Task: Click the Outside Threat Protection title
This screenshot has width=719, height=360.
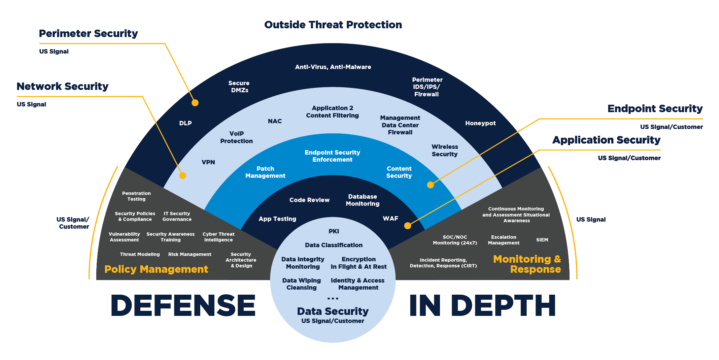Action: click(x=333, y=25)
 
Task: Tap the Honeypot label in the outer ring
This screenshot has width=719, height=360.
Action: click(x=480, y=123)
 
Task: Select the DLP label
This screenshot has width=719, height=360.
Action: click(x=185, y=123)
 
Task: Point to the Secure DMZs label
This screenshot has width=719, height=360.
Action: click(x=239, y=87)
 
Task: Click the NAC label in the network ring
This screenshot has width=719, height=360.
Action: click(x=275, y=121)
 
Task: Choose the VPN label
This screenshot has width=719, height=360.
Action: click(x=208, y=162)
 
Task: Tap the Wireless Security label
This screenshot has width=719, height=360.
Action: click(x=445, y=151)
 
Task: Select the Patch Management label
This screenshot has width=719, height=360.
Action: click(x=265, y=172)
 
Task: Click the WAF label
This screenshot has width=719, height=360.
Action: click(x=390, y=219)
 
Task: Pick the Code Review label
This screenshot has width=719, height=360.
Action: click(x=309, y=200)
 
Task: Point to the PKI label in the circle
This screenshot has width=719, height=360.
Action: click(x=334, y=231)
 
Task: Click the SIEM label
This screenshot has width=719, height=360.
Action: click(x=542, y=240)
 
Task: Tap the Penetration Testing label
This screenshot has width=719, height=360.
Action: click(x=136, y=196)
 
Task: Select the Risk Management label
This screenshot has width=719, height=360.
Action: click(x=190, y=254)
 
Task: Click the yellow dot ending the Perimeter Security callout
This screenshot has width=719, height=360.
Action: click(x=195, y=103)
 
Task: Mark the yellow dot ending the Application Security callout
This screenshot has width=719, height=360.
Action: click(x=408, y=226)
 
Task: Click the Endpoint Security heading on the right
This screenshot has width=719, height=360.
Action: click(x=655, y=108)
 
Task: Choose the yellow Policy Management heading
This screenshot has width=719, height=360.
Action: click(x=156, y=269)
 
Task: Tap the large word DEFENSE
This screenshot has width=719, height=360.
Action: click(x=183, y=305)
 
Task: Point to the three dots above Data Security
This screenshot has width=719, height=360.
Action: click(x=333, y=298)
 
